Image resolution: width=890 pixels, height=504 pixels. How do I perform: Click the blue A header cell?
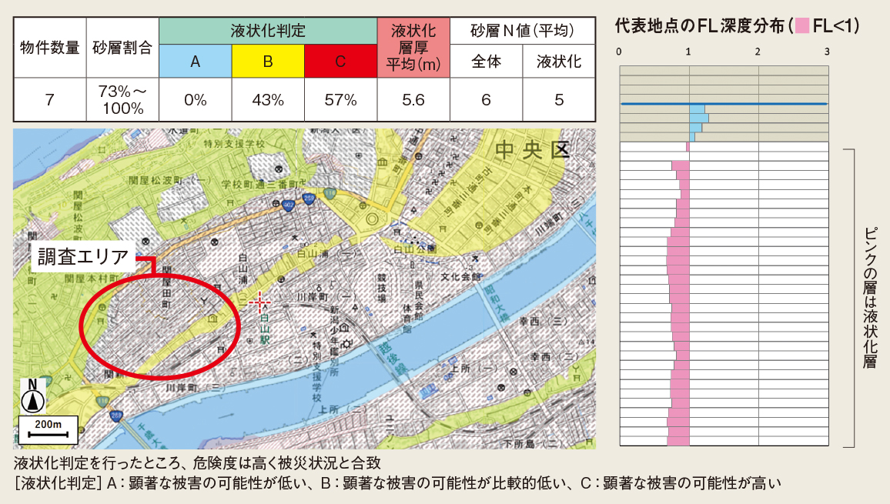tap(195, 62)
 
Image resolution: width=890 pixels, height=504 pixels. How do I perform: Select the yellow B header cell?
tap(267, 62)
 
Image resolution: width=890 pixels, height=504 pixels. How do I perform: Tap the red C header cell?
tap(340, 62)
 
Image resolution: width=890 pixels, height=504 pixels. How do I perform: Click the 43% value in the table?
tap(267, 99)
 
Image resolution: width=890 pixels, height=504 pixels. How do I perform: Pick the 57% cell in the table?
tap(340, 99)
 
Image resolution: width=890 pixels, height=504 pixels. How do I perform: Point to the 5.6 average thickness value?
tap(413, 99)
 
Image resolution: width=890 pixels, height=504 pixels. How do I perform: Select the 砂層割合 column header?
tap(122, 48)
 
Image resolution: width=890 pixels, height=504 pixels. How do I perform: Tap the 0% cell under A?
tap(195, 99)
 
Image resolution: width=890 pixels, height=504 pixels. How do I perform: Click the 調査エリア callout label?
tap(84, 256)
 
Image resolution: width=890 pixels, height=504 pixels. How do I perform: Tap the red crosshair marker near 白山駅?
tap(259, 301)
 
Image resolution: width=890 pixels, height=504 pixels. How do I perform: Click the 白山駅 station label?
tap(265, 327)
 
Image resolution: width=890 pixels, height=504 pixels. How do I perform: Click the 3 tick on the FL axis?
tap(827, 52)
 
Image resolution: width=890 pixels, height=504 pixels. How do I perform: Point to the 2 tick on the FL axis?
tap(758, 52)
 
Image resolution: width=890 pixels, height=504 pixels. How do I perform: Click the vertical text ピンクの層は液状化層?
tap(870, 297)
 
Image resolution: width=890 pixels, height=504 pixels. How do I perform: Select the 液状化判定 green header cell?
tap(267, 32)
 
